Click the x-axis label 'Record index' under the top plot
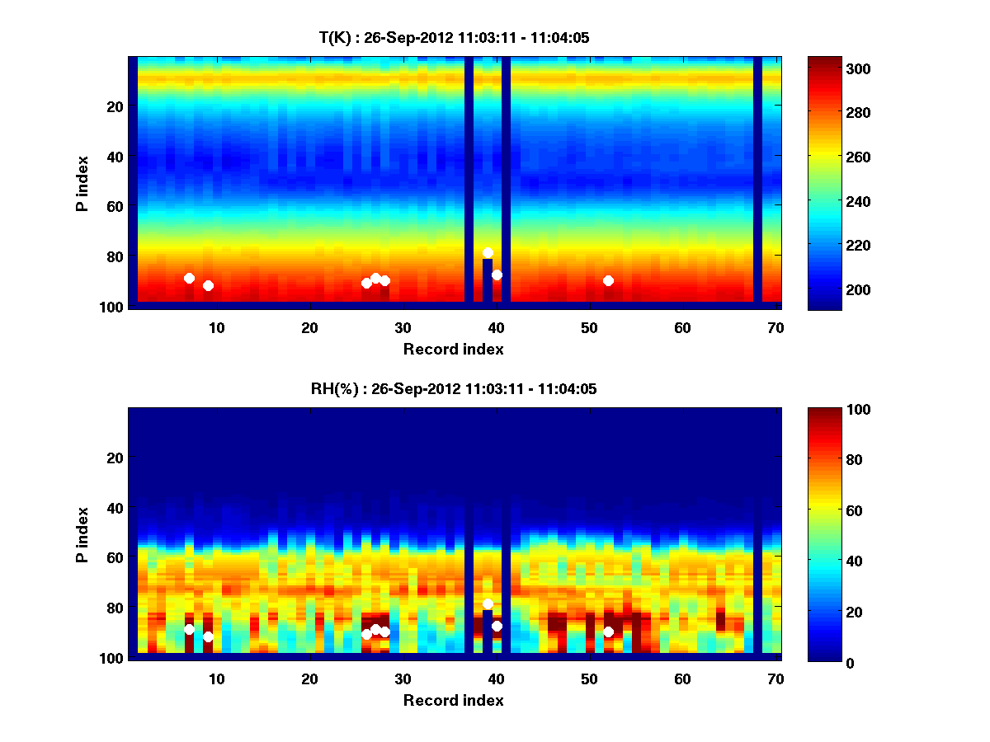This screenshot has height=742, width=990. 454,350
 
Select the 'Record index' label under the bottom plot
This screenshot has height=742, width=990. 454,701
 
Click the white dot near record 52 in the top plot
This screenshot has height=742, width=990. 608,280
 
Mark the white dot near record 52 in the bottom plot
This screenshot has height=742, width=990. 608,632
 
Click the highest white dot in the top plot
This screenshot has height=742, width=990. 488,253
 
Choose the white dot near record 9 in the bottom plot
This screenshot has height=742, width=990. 208,636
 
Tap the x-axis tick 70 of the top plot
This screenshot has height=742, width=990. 775,327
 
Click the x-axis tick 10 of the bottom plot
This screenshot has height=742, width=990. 216,679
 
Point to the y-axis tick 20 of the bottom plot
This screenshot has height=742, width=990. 115,458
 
